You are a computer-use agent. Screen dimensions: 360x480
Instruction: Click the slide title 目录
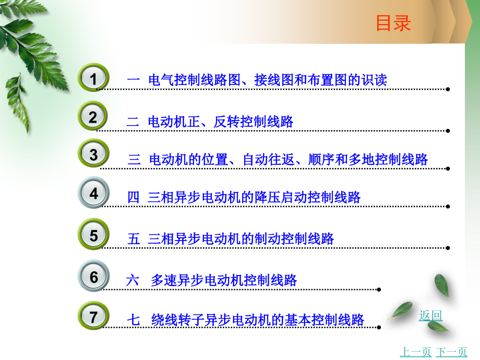point(393,23)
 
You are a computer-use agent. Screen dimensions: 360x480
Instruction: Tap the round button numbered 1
point(93,79)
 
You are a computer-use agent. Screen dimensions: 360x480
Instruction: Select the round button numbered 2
point(93,117)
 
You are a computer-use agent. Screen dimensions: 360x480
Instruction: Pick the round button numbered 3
point(93,155)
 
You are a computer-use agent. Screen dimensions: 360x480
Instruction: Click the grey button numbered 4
point(93,194)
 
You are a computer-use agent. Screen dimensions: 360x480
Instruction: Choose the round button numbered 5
point(93,235)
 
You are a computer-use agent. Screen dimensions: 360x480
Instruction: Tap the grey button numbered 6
point(93,277)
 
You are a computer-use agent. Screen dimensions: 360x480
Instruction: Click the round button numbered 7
point(93,317)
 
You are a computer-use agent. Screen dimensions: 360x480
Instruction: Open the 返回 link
point(430,315)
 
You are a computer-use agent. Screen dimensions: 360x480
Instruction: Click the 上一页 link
point(415,352)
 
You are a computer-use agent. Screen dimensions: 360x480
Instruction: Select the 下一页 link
point(451,352)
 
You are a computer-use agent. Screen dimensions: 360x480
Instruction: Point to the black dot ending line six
point(379,290)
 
